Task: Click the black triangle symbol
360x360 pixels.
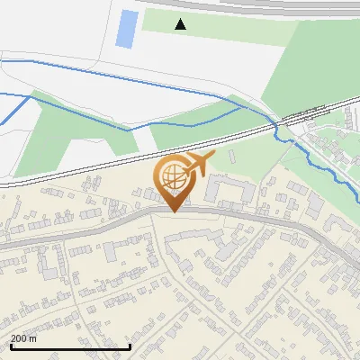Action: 181,23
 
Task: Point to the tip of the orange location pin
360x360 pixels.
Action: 172,211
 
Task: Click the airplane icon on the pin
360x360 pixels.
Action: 199,165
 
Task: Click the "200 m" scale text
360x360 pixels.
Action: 24,338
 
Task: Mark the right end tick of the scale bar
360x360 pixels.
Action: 130,346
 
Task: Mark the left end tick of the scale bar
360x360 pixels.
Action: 8,346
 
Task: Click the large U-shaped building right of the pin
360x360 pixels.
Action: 229,189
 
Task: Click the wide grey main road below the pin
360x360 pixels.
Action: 108,224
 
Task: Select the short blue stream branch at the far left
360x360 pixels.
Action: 13,110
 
